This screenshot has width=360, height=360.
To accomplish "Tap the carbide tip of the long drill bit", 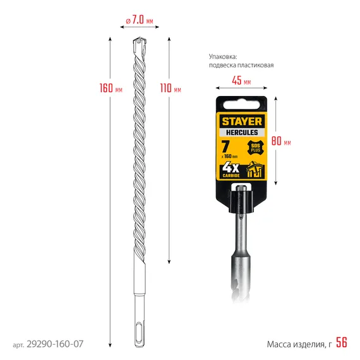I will point(140,45).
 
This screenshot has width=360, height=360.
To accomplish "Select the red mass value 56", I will point(341,343).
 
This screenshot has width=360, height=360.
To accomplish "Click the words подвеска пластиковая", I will point(241,65).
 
